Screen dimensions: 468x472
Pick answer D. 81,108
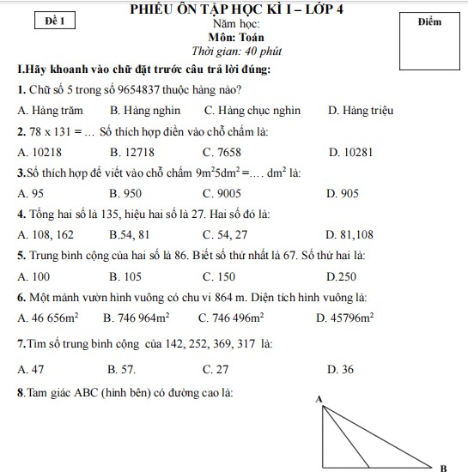point(350,233)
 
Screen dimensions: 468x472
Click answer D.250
point(343,275)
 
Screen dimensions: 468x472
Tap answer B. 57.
point(123,370)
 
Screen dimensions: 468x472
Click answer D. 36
point(341,370)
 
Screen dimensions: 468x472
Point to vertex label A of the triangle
point(319,399)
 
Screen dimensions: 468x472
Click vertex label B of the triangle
point(443,468)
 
